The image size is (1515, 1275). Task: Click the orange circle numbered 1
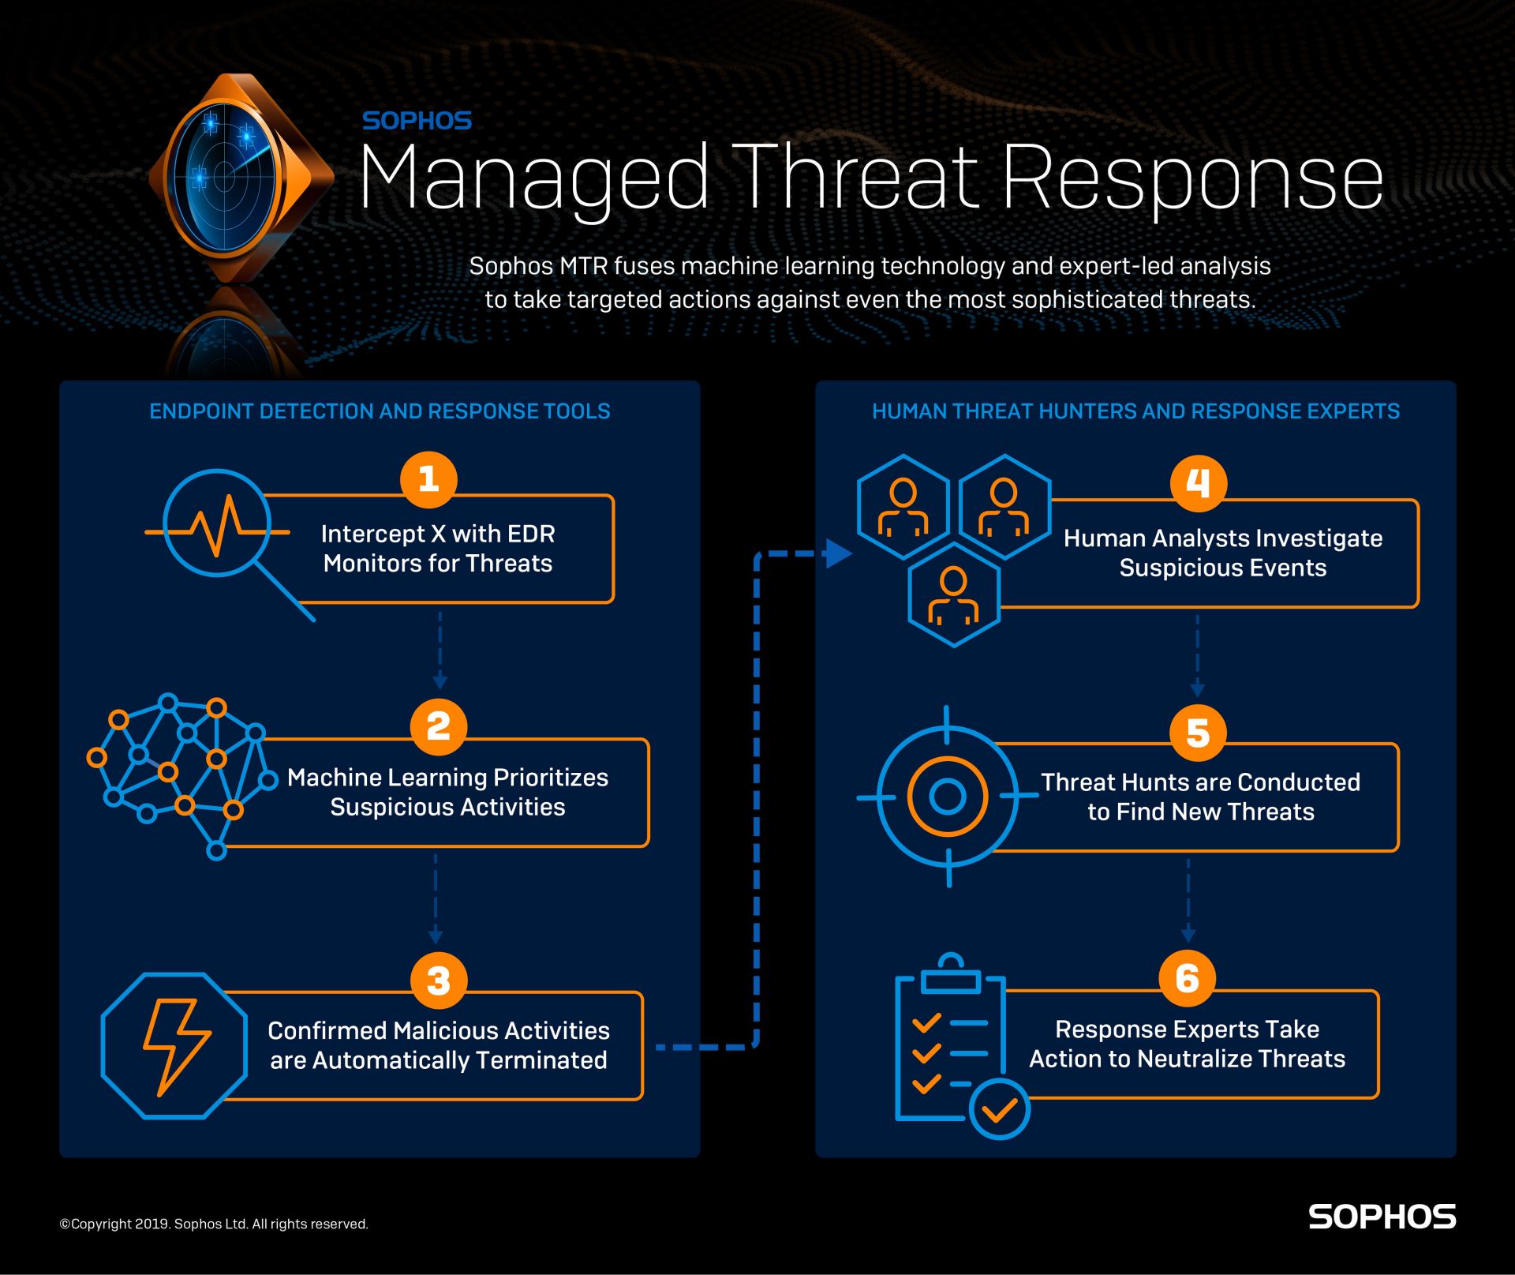tap(428, 479)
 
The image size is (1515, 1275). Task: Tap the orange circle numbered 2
tap(439, 726)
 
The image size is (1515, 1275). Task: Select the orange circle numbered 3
tap(439, 981)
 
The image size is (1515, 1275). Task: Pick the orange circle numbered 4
tap(1198, 483)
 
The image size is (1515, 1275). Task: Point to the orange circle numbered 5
tap(1198, 733)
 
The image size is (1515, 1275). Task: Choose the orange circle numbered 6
tap(1188, 978)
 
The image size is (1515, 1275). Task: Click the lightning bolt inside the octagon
tap(176, 1047)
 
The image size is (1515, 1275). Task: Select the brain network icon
tap(182, 777)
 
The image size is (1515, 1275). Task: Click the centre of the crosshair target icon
tap(948, 797)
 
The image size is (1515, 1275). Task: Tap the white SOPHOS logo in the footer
tap(1382, 1217)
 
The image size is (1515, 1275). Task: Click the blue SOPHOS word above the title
tap(417, 121)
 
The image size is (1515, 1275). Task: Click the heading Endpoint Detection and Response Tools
tap(380, 411)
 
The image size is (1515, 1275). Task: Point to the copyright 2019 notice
tap(214, 1224)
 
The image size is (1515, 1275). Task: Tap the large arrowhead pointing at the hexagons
tap(838, 553)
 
